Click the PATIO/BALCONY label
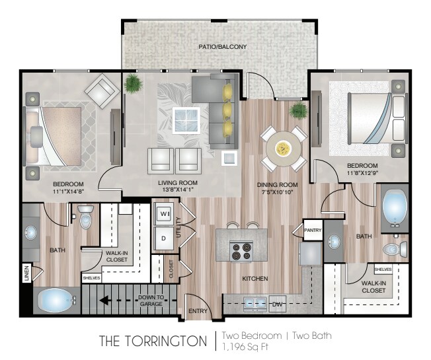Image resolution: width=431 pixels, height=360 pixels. (x=223, y=47)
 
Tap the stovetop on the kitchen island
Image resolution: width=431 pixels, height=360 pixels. (x=241, y=251)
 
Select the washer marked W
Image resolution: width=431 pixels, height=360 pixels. (x=164, y=214)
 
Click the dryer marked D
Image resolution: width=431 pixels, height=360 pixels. (x=163, y=238)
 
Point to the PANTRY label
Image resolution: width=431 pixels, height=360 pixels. (x=313, y=230)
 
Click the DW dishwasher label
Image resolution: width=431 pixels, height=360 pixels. (x=278, y=304)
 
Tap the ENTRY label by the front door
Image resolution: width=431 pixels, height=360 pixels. (x=198, y=311)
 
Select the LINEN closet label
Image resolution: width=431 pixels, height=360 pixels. (x=26, y=273)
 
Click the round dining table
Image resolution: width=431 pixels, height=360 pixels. (x=284, y=149)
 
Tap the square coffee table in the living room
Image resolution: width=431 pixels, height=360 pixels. (x=186, y=120)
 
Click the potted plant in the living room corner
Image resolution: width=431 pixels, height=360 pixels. (x=134, y=83)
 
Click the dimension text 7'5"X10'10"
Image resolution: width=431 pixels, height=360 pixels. (x=278, y=192)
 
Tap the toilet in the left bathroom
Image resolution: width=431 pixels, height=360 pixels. (x=86, y=217)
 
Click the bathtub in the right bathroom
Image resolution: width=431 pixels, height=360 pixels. (x=395, y=208)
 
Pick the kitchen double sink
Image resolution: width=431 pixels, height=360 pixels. (x=255, y=304)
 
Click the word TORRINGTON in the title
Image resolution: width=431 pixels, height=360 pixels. (x=167, y=341)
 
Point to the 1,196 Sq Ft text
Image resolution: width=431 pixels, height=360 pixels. (x=245, y=347)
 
